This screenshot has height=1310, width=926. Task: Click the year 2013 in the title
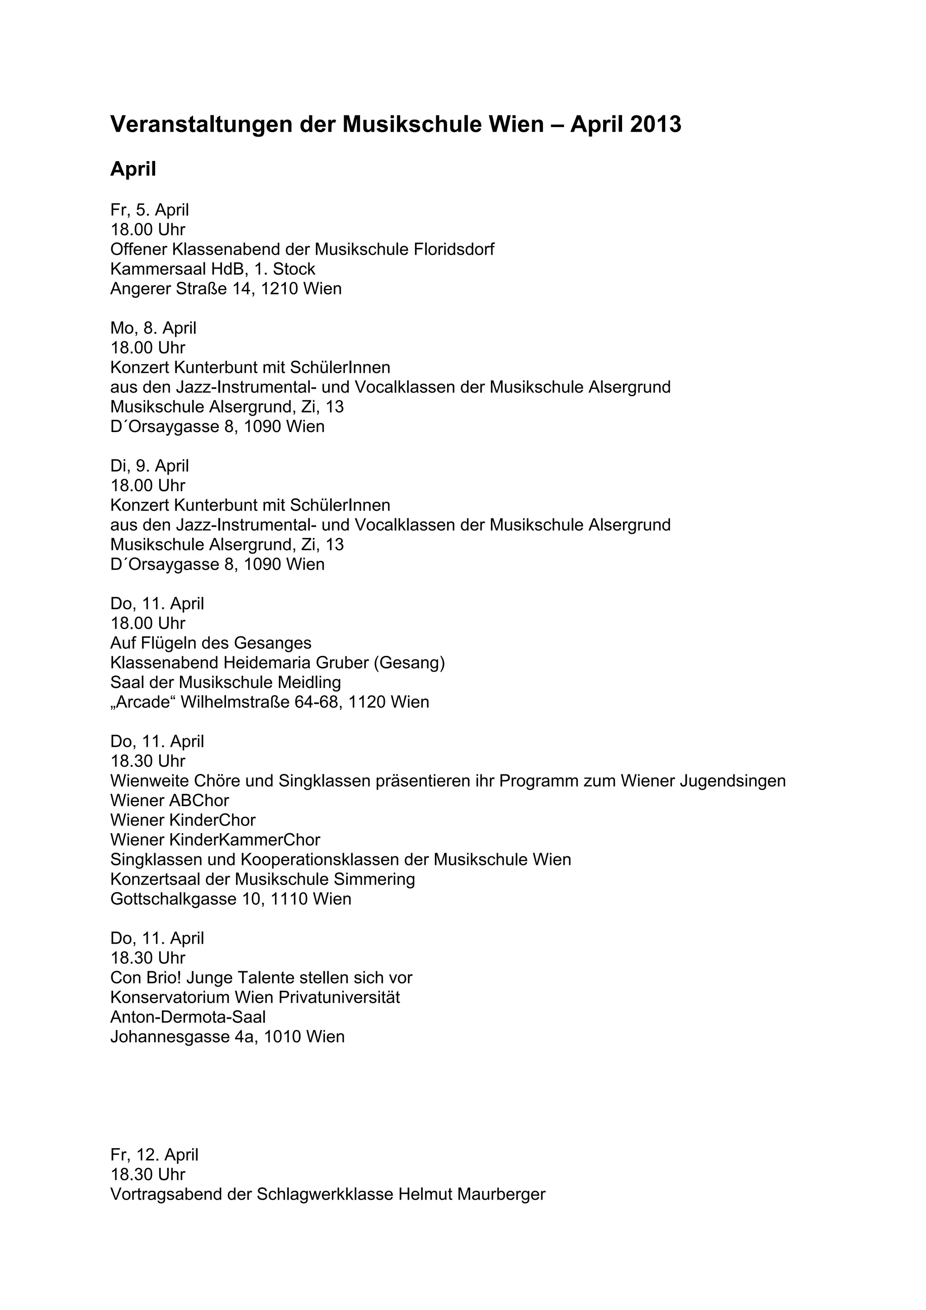point(655,124)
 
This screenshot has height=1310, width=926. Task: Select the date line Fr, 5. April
point(149,210)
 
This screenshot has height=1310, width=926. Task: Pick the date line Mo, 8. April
point(153,328)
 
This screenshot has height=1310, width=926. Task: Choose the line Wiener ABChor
point(170,801)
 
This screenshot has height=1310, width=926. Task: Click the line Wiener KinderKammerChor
point(215,840)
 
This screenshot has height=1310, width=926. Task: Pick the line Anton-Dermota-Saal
point(188,1017)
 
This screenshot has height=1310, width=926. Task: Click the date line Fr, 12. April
point(154,1155)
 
